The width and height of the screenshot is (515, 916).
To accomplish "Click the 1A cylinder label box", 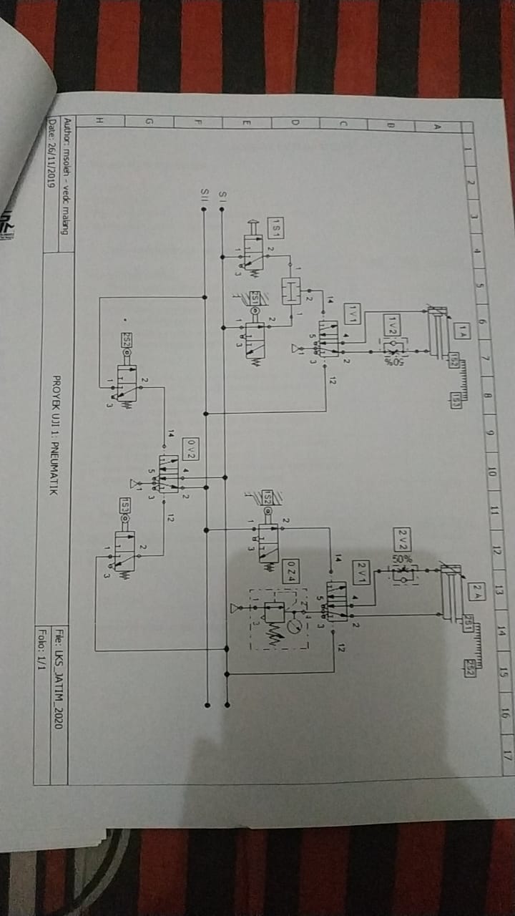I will pyautogui.click(x=463, y=331).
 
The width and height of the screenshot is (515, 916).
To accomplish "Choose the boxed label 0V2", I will pyautogui.click(x=190, y=449).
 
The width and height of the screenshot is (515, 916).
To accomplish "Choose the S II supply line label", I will pyautogui.click(x=204, y=193).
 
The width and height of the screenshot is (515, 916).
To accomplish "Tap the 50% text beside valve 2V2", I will pyautogui.click(x=401, y=558).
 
